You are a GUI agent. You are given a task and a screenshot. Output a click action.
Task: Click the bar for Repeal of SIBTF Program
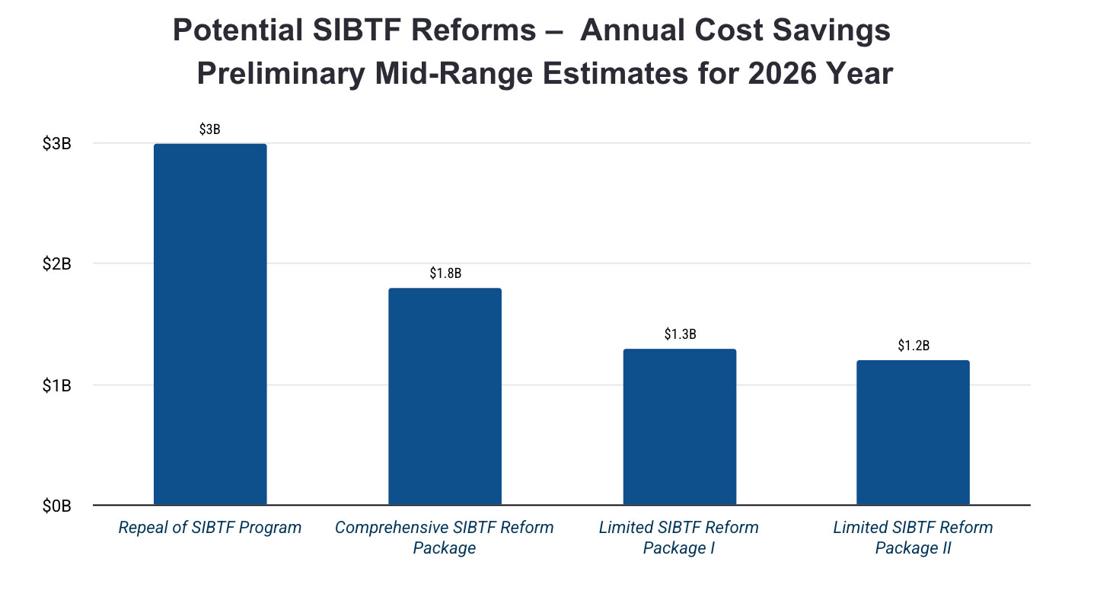pyautogui.click(x=210, y=324)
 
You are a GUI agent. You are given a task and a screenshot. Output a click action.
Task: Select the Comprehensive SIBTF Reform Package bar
pyautogui.click(x=445, y=396)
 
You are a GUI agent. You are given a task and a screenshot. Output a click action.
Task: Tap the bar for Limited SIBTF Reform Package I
pyautogui.click(x=679, y=426)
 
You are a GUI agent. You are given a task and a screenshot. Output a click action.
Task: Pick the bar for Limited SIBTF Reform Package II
pyautogui.click(x=913, y=432)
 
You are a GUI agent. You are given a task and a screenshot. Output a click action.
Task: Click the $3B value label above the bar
pyautogui.click(x=210, y=129)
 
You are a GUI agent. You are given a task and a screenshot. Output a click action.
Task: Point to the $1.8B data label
pyautogui.click(x=445, y=273)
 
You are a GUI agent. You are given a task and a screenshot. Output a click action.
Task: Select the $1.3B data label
pyautogui.click(x=680, y=334)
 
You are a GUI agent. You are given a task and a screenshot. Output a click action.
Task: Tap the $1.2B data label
pyautogui.click(x=913, y=346)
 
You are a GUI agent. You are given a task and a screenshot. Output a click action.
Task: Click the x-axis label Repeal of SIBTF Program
pyautogui.click(x=210, y=527)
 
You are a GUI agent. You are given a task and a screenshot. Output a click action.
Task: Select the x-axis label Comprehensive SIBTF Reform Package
pyautogui.click(x=445, y=537)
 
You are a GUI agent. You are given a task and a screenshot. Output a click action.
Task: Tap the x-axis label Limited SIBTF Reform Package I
pyautogui.click(x=679, y=537)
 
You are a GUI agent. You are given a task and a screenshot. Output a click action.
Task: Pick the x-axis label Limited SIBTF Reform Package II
pyautogui.click(x=913, y=537)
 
